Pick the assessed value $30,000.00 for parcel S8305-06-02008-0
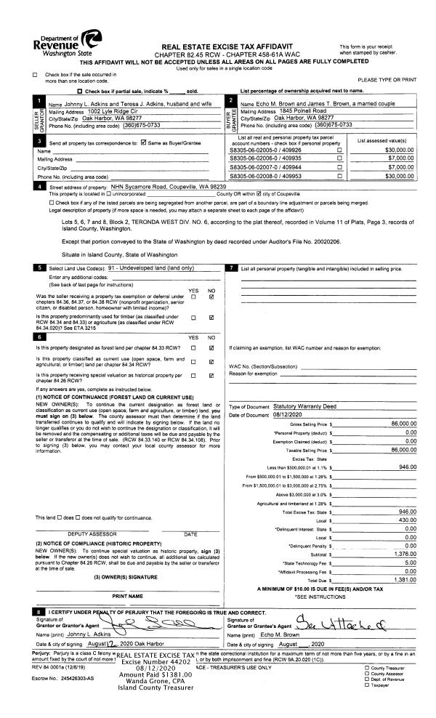click(400, 175)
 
